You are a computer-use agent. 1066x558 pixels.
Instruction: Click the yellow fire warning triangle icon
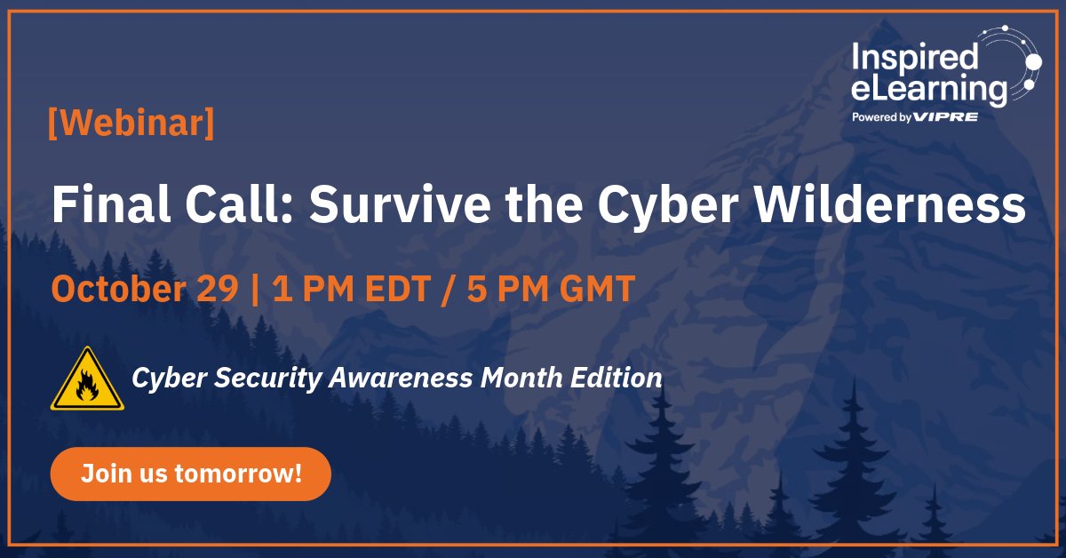click(x=87, y=379)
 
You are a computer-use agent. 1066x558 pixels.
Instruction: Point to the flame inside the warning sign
click(x=87, y=387)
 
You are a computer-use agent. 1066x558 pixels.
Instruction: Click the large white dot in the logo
click(x=1032, y=61)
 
